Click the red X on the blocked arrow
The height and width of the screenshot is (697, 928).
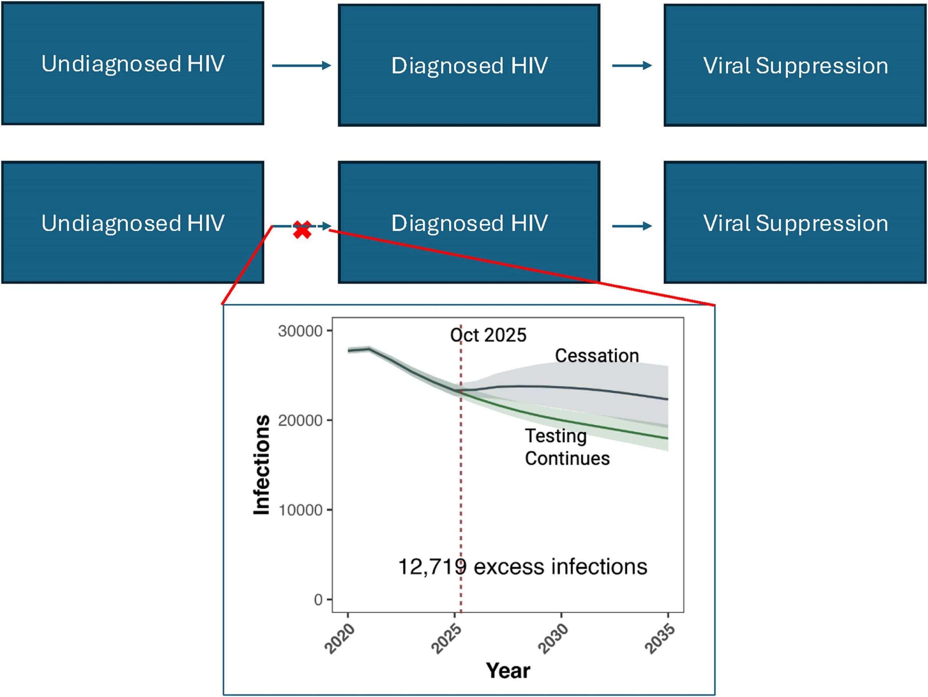click(302, 230)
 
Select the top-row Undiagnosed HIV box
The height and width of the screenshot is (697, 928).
click(133, 63)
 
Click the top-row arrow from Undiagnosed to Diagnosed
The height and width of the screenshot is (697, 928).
click(301, 66)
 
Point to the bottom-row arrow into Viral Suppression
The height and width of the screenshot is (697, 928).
click(632, 226)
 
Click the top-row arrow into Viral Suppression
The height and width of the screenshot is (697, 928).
click(632, 66)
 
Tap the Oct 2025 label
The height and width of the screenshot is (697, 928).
click(488, 335)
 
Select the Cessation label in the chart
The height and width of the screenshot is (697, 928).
click(597, 356)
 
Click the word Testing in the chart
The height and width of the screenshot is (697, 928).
click(555, 436)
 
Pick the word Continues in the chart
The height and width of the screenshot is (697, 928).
click(567, 458)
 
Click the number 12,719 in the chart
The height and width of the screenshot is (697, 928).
click(432, 567)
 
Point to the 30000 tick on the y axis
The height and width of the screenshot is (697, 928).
click(300, 331)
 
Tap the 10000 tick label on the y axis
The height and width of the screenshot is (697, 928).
click(300, 510)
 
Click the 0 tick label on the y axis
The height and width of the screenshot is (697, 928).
click(318, 600)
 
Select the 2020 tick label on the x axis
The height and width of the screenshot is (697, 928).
click(340, 639)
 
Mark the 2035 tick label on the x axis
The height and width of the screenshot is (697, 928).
click(660, 639)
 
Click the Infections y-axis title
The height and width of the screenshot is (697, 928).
click(262, 465)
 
